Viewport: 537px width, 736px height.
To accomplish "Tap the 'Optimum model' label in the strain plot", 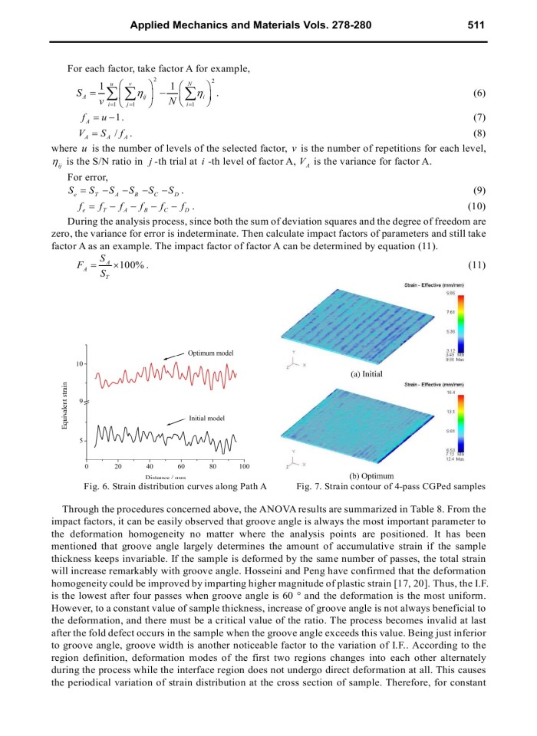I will click(x=210, y=353).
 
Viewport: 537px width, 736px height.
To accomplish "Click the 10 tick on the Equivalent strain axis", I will click(x=79, y=363).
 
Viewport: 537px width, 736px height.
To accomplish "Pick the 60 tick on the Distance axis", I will click(x=181, y=467).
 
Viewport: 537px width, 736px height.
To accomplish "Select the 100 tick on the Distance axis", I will click(x=244, y=467).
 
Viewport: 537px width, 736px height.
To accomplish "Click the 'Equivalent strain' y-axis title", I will click(x=67, y=409).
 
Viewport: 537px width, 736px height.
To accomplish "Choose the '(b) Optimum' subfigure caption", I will click(x=371, y=475).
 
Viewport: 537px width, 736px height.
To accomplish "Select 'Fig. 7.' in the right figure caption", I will click(x=309, y=486).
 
